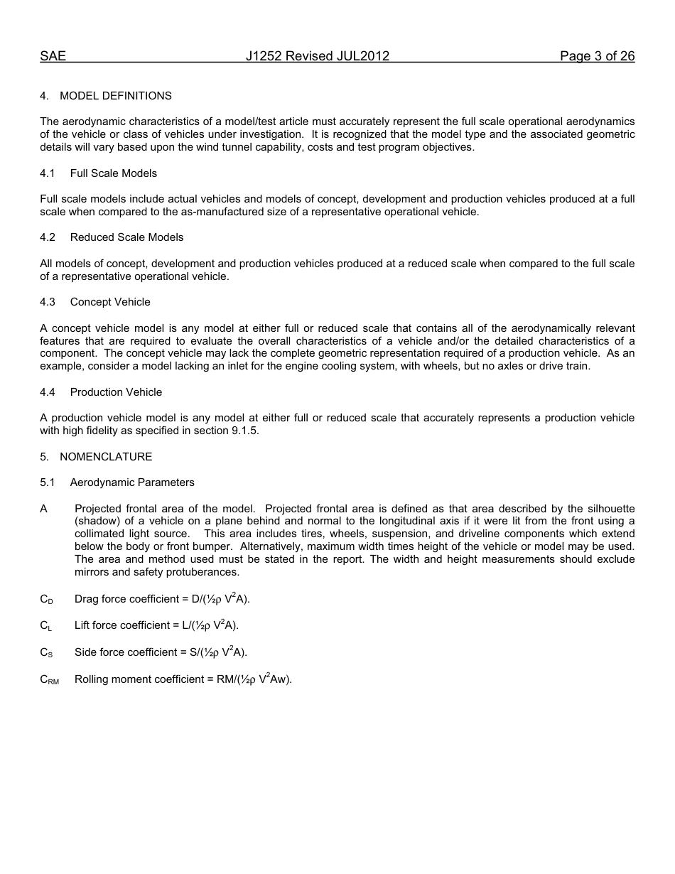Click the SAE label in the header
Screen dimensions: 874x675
[x=53, y=57]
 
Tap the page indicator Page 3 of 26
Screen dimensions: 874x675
[x=597, y=57]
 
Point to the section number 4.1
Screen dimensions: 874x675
[x=48, y=173]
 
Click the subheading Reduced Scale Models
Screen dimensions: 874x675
[x=126, y=237]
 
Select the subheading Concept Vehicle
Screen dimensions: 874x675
[x=110, y=302]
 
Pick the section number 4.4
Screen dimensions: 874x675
[x=48, y=392]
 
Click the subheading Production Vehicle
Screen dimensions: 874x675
[x=116, y=392]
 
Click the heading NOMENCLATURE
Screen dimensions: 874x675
[x=106, y=457]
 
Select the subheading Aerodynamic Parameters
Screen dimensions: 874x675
[x=132, y=482]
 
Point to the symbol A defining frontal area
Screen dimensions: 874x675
[x=44, y=509]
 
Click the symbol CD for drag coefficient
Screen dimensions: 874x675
[x=46, y=600]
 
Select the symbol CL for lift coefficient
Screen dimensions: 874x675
[x=45, y=626]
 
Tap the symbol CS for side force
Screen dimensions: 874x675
[x=45, y=653]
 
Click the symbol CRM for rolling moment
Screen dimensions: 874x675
[x=49, y=680]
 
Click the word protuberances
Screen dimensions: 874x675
[x=205, y=572]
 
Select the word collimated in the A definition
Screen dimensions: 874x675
[x=100, y=534]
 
